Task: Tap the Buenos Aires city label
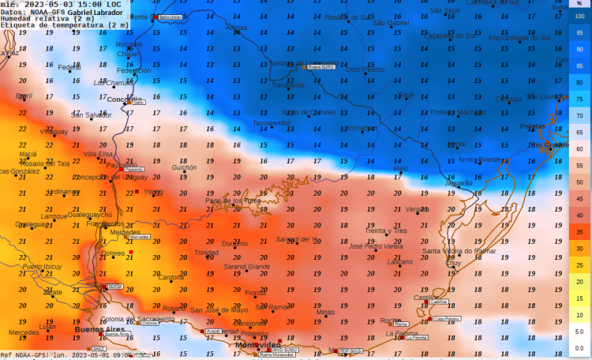click(x=99, y=329)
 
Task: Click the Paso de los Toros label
click(x=233, y=201)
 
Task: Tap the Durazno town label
click(x=234, y=244)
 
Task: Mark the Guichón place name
click(x=184, y=167)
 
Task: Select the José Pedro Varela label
click(x=376, y=246)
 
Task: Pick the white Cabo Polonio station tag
click(x=446, y=319)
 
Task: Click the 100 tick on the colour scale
click(x=579, y=15)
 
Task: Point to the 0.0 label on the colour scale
click(x=579, y=347)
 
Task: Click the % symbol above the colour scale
click(x=579, y=4)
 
